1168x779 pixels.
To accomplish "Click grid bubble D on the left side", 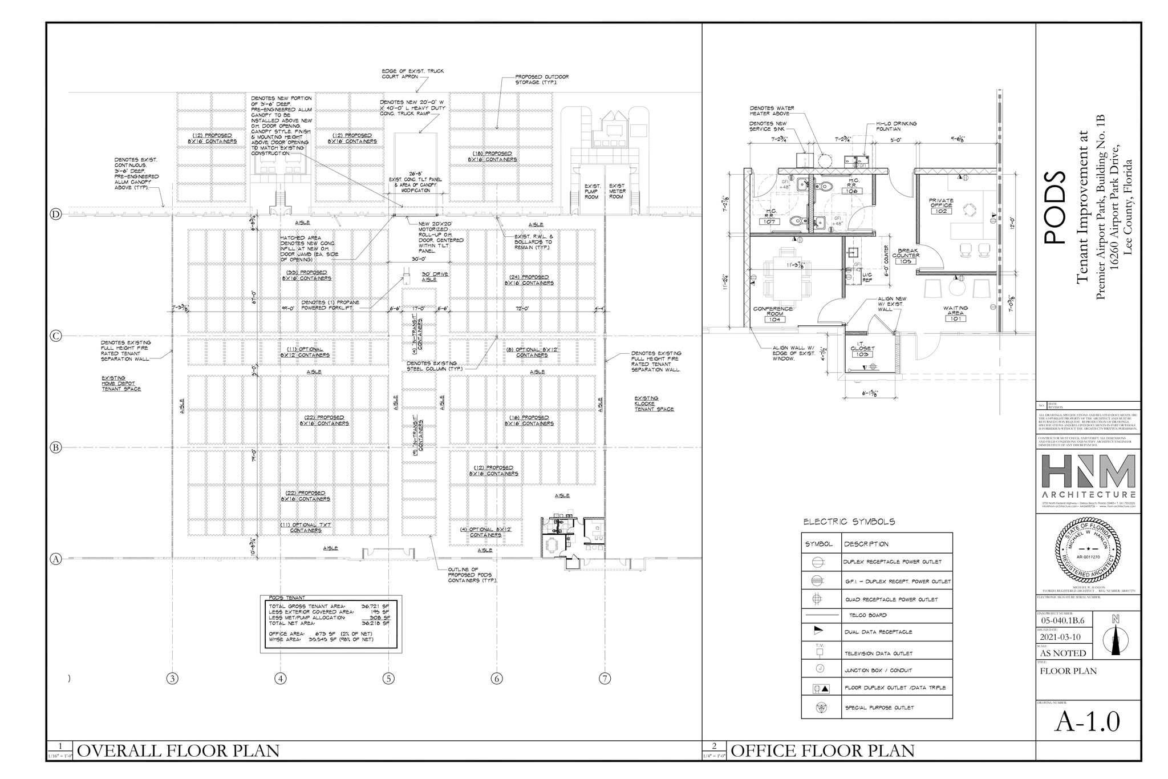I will tap(56, 215).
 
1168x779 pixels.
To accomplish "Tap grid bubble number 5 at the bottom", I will tap(388, 679).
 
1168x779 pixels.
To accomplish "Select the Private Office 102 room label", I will tap(941, 206).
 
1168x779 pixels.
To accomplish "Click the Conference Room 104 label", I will tap(773, 314).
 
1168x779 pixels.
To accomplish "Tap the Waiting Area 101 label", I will tap(955, 313).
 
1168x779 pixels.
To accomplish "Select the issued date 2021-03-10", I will tap(1060, 637).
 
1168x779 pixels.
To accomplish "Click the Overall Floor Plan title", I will tap(178, 751).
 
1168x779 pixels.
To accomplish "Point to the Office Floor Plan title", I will tap(822, 751).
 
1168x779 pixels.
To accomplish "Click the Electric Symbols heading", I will tap(849, 522).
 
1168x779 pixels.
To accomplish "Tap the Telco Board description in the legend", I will tap(867, 615).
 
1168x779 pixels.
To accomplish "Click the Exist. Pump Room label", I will tap(592, 191).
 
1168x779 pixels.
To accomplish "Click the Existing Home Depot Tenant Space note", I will tap(121, 383).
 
